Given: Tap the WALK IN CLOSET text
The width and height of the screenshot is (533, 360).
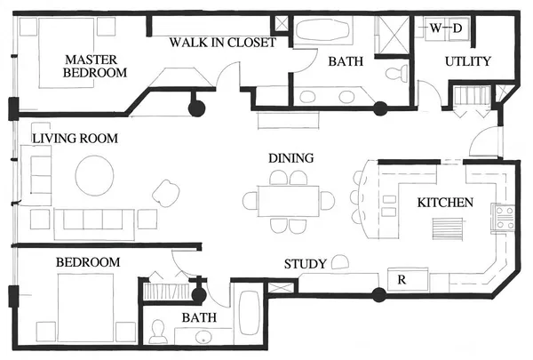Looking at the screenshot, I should click(x=223, y=42).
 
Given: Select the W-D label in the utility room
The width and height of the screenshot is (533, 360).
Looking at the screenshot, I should click(x=446, y=28).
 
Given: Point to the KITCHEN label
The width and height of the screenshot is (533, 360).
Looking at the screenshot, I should click(x=445, y=203).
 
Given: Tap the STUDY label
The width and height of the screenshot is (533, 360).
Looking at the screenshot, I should click(x=303, y=264).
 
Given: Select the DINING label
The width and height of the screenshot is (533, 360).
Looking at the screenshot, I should click(x=291, y=158).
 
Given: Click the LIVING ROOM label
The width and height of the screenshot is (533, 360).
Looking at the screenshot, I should click(x=75, y=139).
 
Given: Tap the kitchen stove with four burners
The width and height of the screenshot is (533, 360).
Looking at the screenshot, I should click(x=505, y=218).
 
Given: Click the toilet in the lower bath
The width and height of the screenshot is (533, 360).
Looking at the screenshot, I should click(x=158, y=332).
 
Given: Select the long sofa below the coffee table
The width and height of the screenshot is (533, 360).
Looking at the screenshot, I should click(x=94, y=222).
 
